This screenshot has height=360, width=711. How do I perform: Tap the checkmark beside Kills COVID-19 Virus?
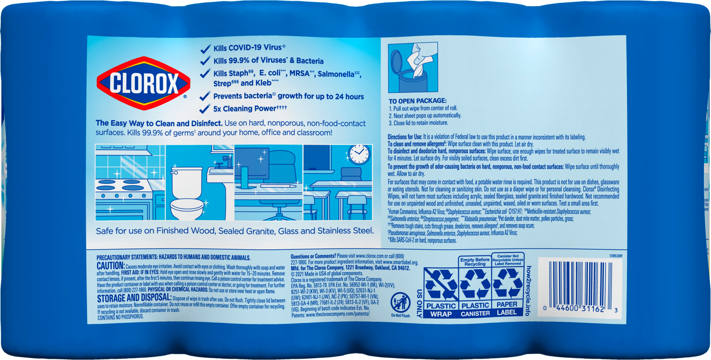205,48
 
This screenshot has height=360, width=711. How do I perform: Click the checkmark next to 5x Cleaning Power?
205,108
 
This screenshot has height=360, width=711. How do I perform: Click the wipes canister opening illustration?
412,67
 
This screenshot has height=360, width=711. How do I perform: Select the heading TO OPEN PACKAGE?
418,101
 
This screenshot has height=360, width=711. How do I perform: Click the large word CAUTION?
110,266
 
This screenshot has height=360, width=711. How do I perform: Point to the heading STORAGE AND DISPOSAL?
134,298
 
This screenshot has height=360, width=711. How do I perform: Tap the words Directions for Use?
405,137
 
